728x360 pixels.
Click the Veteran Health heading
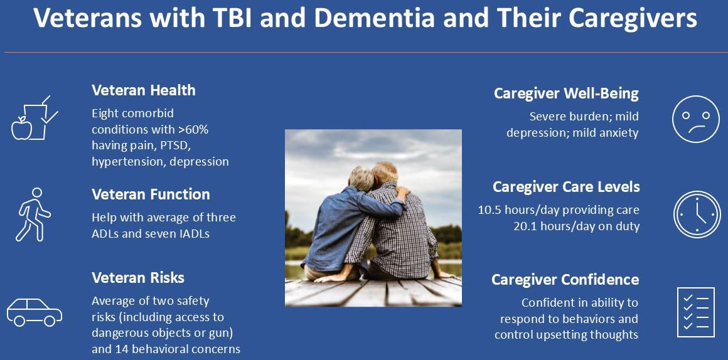[144, 90]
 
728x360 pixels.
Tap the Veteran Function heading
[151, 194]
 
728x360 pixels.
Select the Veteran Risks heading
[138, 277]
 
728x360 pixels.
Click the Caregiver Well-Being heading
[566, 93]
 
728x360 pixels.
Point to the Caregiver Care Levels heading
[566, 187]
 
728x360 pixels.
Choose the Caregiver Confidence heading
[565, 280]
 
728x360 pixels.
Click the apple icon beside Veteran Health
[21, 127]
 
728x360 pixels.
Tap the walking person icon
[33, 214]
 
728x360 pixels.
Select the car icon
[35, 312]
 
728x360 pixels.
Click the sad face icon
[696, 119]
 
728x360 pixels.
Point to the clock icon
[697, 214]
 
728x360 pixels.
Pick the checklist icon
[695, 312]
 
